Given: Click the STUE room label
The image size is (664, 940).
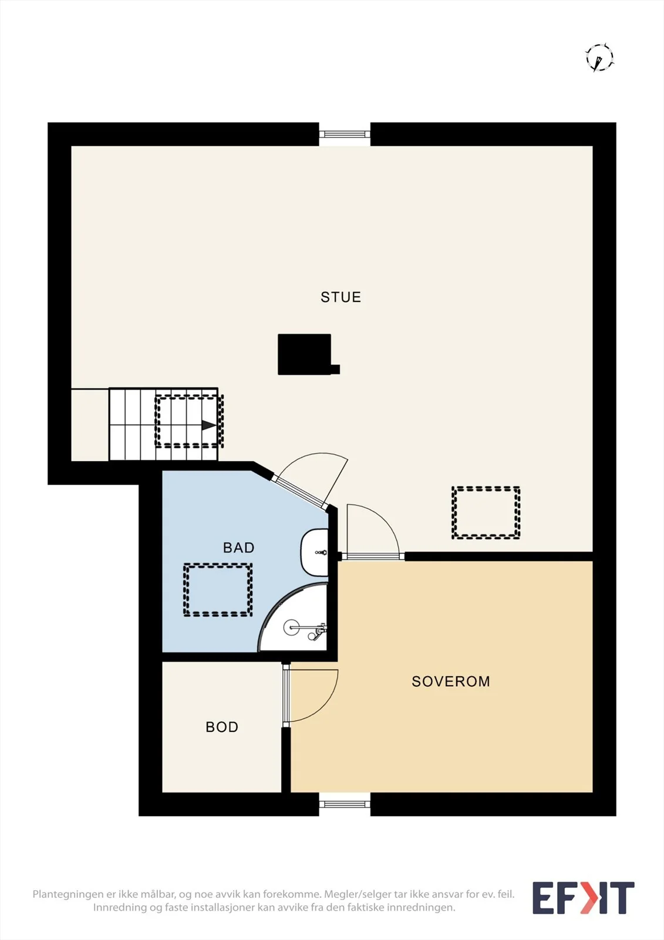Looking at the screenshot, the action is [341, 297].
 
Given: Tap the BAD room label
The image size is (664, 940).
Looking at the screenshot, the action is [239, 548].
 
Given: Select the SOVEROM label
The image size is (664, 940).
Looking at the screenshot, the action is [451, 681].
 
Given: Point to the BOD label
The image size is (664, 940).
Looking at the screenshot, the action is [222, 727].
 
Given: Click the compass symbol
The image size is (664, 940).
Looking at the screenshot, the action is [599, 57].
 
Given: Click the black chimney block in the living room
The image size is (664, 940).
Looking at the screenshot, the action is [305, 354].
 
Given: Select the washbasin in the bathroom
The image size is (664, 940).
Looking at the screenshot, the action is [314, 552].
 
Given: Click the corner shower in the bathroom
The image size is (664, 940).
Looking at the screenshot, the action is [294, 617].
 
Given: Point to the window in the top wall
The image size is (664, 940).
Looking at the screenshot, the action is [345, 135].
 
